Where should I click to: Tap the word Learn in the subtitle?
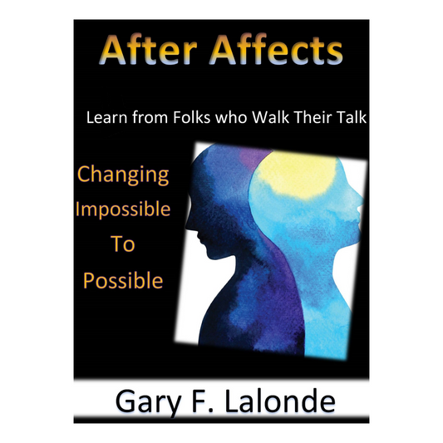coord(106,119)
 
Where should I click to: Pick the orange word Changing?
coord(123,175)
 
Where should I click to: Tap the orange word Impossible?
coord(122,210)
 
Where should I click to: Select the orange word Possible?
coord(122,280)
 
